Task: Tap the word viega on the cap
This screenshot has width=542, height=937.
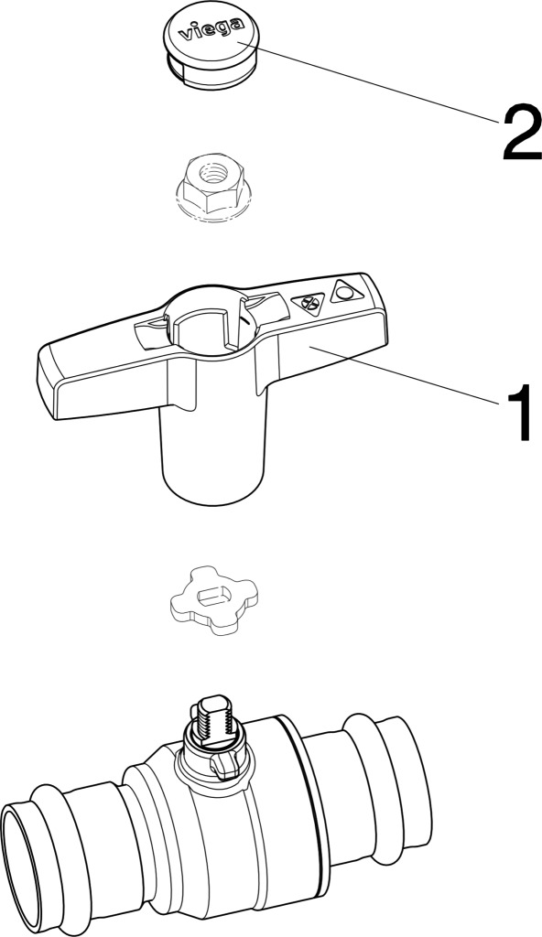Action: click(x=212, y=29)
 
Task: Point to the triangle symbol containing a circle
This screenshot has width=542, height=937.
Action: click(x=346, y=291)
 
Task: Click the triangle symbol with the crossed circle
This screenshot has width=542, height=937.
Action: click(x=309, y=303)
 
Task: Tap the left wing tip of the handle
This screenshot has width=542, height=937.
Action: click(x=47, y=382)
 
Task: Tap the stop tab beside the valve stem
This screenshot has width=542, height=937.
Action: click(x=227, y=766)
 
